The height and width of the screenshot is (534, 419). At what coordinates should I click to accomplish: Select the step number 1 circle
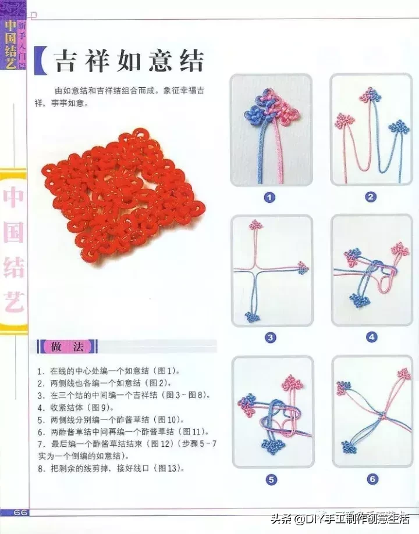tap(269, 198)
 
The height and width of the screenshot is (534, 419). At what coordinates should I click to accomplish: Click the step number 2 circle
tap(371, 198)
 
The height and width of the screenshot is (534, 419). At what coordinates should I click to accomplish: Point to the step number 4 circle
tap(371, 338)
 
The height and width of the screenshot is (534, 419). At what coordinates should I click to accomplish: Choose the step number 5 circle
tap(271, 479)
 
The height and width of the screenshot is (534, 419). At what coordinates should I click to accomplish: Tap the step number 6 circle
tap(372, 479)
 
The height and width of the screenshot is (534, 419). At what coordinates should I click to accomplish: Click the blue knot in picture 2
tap(399, 127)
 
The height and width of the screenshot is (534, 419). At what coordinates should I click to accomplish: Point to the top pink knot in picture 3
tap(255, 225)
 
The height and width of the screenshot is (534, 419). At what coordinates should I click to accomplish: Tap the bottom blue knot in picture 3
tap(252, 317)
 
